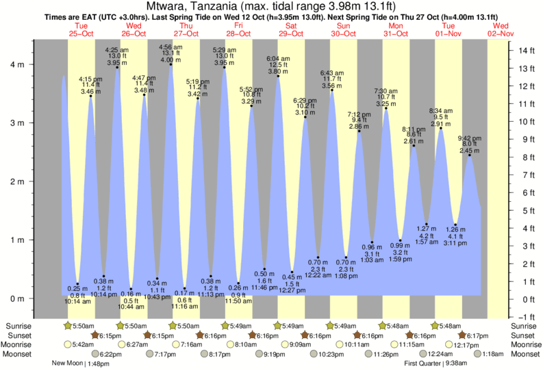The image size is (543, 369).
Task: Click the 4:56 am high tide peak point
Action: [171, 64]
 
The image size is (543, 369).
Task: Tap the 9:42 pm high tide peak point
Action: [470, 155]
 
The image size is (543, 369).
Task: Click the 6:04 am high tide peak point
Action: [278, 76]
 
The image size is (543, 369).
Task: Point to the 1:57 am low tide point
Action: [427, 224]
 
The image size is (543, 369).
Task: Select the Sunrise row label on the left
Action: [20, 325]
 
